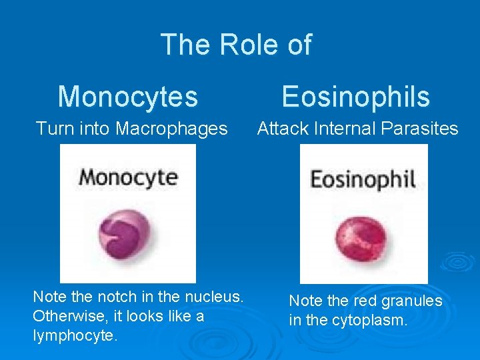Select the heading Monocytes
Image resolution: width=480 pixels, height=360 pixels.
tap(128, 97)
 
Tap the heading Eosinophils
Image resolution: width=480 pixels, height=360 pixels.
tap(355, 97)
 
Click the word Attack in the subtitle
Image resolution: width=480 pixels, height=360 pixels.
tap(279, 128)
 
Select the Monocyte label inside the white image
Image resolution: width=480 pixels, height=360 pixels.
tap(128, 177)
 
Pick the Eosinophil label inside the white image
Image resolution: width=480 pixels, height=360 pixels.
tap(363, 179)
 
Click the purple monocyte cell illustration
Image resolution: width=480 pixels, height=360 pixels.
tap(125, 230)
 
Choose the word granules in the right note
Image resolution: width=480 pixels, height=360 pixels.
tap(411, 301)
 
